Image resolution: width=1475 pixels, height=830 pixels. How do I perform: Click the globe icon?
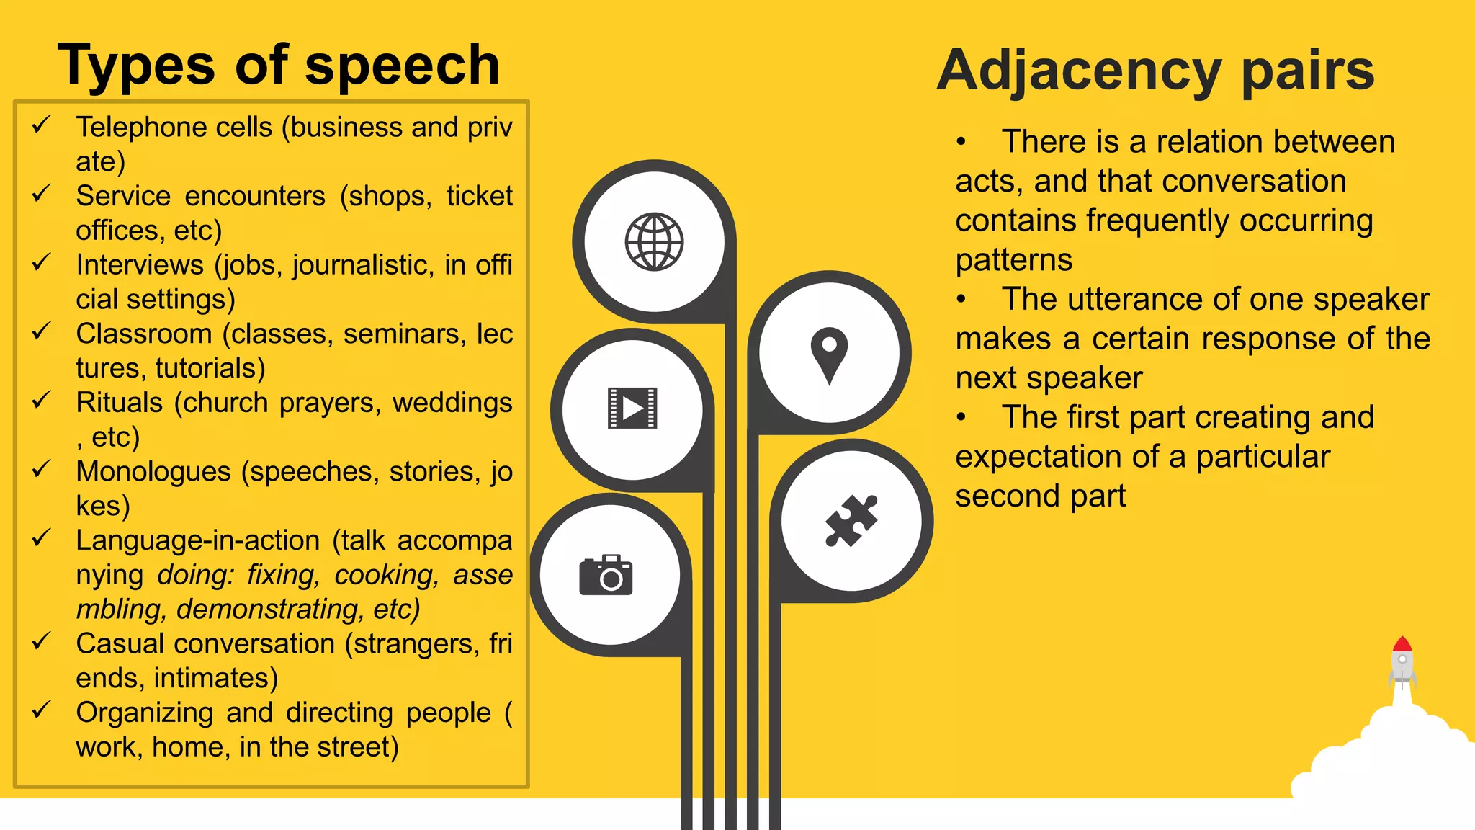pos(654,242)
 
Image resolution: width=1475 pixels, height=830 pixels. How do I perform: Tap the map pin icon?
pos(829,354)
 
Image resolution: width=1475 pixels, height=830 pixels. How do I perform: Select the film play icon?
pos(632,408)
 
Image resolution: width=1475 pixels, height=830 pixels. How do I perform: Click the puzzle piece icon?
pos(851,520)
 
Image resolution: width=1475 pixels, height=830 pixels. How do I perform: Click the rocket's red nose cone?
pos(1402,644)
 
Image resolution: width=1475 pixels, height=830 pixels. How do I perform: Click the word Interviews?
pos(140,265)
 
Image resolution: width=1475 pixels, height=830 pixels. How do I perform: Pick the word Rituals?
pos(120,403)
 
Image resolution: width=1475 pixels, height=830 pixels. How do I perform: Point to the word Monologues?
pos(153,472)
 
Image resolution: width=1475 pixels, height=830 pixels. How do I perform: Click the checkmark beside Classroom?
pos(41,331)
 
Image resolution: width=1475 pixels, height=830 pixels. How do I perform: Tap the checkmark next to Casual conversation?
pos(41,641)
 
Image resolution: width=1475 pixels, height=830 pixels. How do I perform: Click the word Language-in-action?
pos(198,540)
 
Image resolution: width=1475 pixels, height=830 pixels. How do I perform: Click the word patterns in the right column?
pos(1013,260)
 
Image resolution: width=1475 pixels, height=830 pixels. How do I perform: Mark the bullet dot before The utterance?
pos(961,300)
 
